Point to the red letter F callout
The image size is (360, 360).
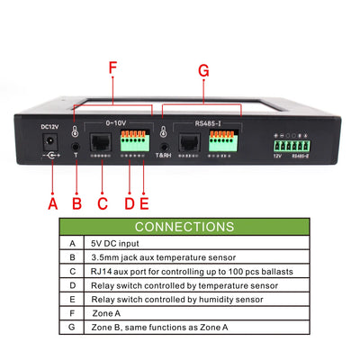click(112, 68)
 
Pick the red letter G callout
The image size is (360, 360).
click(202, 69)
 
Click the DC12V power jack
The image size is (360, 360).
click(51, 144)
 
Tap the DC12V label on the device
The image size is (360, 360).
click(49, 127)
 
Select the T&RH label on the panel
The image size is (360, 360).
click(164, 155)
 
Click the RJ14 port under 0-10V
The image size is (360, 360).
click(103, 141)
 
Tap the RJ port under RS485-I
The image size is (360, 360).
click(191, 141)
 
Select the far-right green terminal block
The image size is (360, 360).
click(291, 143)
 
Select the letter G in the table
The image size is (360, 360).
click(72, 326)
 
